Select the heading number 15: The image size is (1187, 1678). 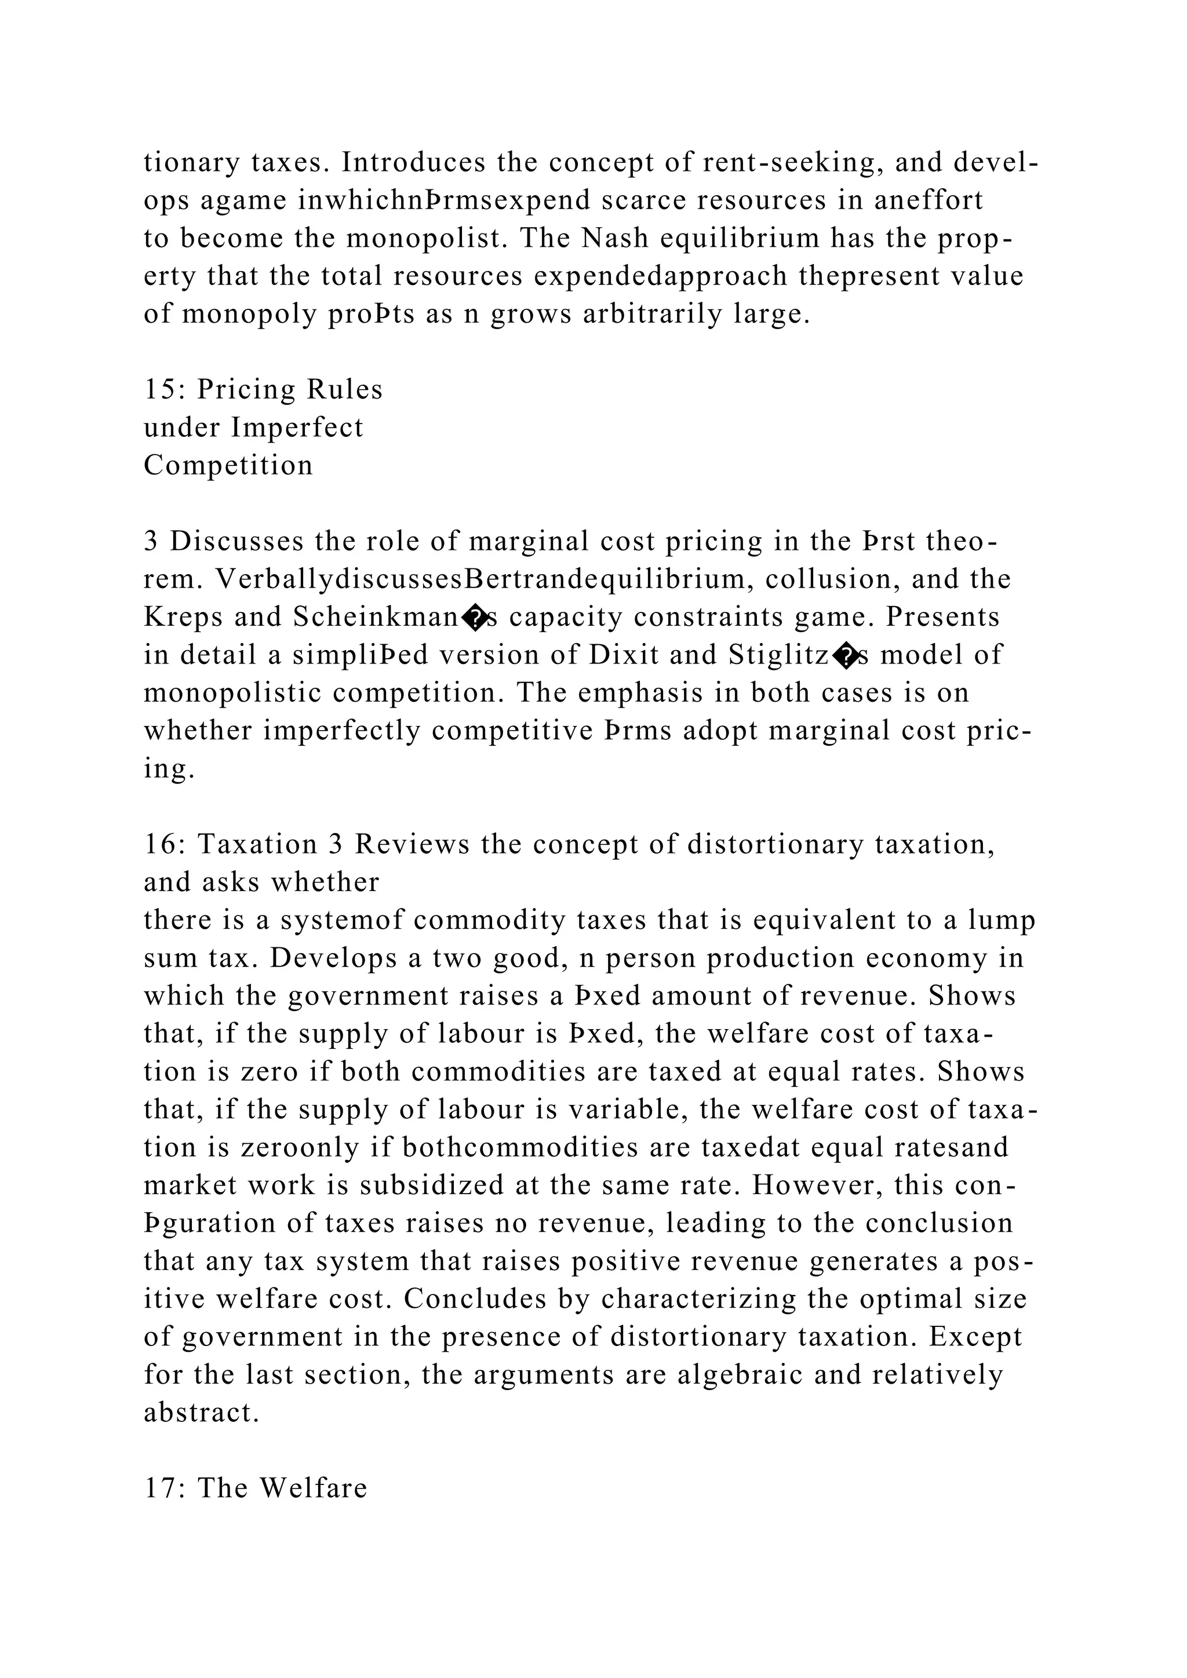click(165, 389)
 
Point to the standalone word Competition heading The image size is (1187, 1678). click(228, 465)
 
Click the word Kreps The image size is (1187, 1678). click(184, 617)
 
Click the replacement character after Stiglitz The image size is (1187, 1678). click(846, 658)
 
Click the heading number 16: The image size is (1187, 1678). click(165, 844)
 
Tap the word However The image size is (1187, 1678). click(807, 1185)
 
